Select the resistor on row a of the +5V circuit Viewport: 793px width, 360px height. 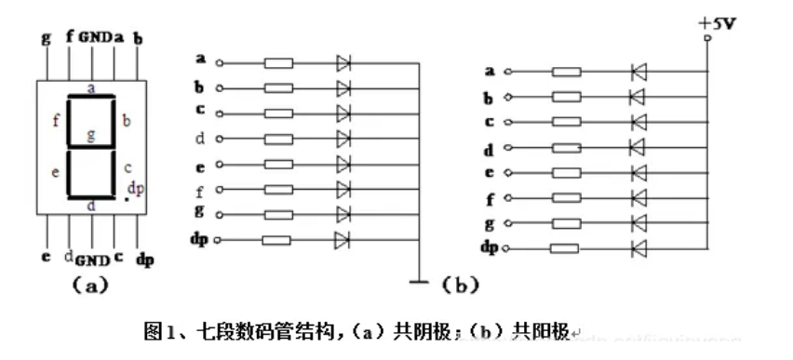click(567, 72)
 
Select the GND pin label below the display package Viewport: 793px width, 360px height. click(92, 258)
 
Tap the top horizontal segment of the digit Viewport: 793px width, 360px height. click(91, 96)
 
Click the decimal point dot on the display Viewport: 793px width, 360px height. click(127, 198)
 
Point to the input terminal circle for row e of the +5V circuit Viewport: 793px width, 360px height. click(506, 172)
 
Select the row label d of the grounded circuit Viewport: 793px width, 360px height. click(200, 140)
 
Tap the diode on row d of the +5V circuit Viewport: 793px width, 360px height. click(638, 147)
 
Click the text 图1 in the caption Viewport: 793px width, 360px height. click(159, 331)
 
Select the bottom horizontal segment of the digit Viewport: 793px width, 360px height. click(91, 196)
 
